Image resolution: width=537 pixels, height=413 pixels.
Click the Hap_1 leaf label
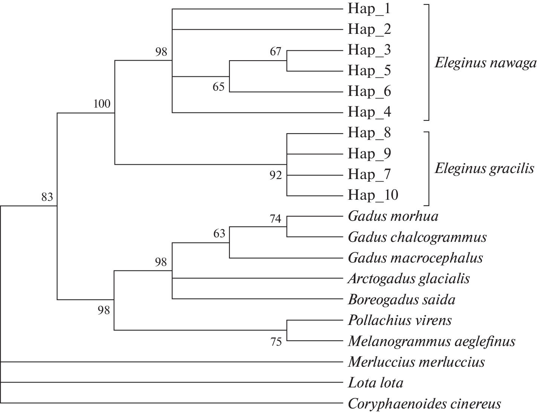(369, 9)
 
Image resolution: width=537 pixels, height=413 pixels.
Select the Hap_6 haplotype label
(369, 91)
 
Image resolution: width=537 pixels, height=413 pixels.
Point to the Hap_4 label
(369, 112)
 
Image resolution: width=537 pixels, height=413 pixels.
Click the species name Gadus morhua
(393, 216)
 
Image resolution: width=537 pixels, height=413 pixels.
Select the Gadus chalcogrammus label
(417, 237)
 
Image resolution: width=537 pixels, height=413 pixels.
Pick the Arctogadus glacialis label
(409, 279)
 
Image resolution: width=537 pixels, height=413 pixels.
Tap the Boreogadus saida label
(402, 300)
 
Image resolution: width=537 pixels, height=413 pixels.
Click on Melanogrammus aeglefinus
(431, 341)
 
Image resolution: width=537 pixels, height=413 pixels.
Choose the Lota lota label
(376, 383)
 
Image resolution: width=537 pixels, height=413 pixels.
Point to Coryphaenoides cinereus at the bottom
(424, 404)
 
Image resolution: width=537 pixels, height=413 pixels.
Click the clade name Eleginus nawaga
(485, 63)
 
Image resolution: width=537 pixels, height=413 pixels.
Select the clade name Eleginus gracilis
(485, 168)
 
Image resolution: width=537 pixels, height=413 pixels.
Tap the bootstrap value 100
(102, 103)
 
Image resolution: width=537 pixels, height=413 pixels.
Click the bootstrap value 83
(47, 197)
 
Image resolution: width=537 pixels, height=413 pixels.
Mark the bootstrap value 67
(275, 51)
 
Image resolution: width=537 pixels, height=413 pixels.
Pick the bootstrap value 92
(275, 175)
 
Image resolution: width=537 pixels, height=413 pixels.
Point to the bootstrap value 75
(276, 342)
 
